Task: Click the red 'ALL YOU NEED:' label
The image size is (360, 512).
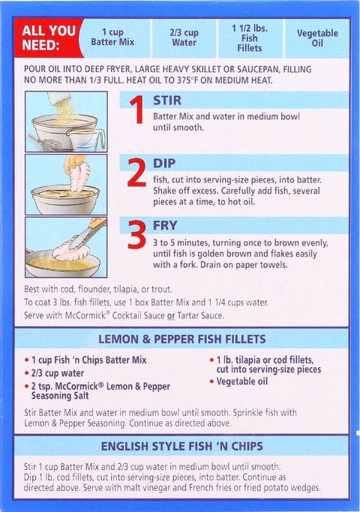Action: pyautogui.click(x=48, y=38)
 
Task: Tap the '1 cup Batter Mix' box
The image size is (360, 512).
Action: pyautogui.click(x=112, y=38)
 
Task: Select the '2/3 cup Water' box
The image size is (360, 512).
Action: pyautogui.click(x=184, y=38)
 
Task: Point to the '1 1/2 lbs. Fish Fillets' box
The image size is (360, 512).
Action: pyautogui.click(x=250, y=38)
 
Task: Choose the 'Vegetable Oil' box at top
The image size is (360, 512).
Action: pyautogui.click(x=317, y=38)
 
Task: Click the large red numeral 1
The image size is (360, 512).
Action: pyautogui.click(x=137, y=110)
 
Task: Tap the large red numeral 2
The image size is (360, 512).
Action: pyautogui.click(x=136, y=173)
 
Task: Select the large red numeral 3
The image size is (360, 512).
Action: pyautogui.click(x=136, y=234)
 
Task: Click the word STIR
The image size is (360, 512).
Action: pyautogui.click(x=167, y=101)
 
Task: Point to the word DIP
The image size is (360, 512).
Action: pyautogui.click(x=164, y=163)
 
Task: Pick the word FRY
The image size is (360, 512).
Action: pyautogui.click(x=165, y=225)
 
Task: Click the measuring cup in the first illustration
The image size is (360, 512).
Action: pyautogui.click(x=86, y=140)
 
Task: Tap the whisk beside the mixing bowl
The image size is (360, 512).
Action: pyautogui.click(x=46, y=142)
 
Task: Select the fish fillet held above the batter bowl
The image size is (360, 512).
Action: pyautogui.click(x=79, y=176)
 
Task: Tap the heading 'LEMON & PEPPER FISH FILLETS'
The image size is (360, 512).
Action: pyautogui.click(x=182, y=339)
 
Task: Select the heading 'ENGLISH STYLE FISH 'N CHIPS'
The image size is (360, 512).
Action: pyautogui.click(x=182, y=447)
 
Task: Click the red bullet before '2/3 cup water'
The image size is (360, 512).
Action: pyautogui.click(x=27, y=373)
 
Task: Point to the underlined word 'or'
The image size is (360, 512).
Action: pyautogui.click(x=171, y=316)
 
